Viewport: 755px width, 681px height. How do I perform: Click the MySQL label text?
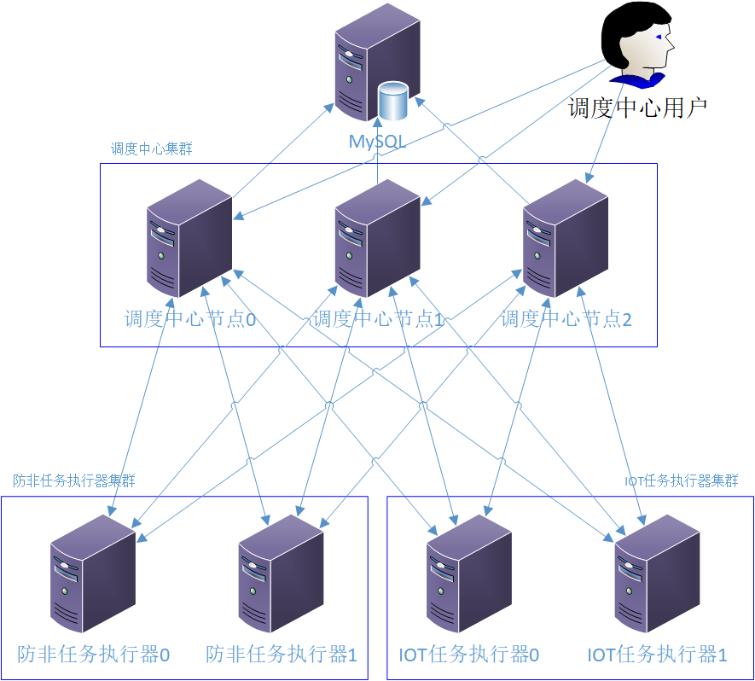(x=377, y=142)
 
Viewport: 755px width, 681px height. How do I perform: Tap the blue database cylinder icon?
(x=393, y=102)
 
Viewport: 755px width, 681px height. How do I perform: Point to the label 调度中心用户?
(x=638, y=108)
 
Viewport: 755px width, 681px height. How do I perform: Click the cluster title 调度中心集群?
(x=152, y=148)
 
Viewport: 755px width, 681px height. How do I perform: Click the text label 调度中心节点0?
(x=191, y=320)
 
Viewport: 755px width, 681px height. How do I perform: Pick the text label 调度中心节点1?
(x=378, y=320)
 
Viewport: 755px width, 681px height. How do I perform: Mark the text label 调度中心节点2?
(x=566, y=320)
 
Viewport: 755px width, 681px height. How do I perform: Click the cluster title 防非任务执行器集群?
(x=74, y=480)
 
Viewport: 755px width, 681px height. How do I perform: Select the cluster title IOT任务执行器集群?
(x=681, y=480)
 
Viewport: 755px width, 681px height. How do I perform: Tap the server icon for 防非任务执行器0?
(x=93, y=573)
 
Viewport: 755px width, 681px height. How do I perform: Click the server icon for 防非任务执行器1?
(x=281, y=573)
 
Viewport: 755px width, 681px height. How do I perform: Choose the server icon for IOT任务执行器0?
(x=468, y=573)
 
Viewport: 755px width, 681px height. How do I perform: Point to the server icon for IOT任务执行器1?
(x=657, y=573)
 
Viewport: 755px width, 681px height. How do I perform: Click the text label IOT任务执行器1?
(x=657, y=655)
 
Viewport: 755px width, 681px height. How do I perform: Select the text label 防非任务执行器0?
(x=94, y=655)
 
